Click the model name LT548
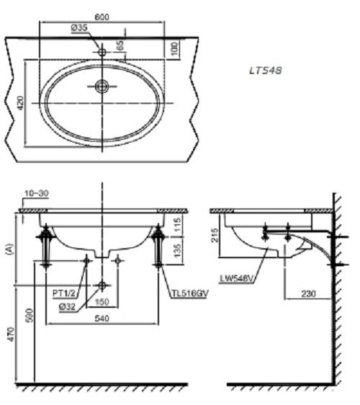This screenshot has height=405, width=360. pyautogui.click(x=264, y=70)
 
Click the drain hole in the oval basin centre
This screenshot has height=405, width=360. pyautogui.click(x=102, y=86)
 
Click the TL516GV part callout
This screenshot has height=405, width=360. pyautogui.click(x=189, y=293)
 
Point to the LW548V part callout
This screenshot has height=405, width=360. pyautogui.click(x=237, y=278)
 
